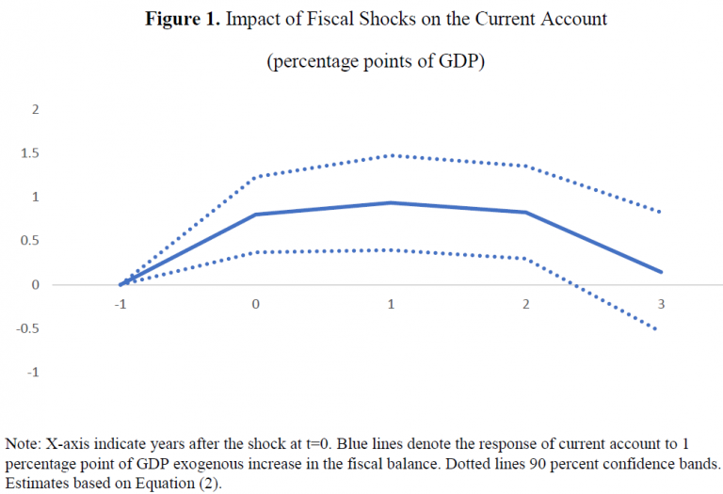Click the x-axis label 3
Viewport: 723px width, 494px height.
click(x=662, y=304)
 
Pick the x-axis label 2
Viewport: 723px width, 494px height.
click(x=526, y=304)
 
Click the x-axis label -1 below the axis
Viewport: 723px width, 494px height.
click(x=120, y=304)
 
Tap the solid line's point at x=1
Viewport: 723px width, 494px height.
click(x=391, y=202)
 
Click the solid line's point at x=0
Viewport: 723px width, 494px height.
click(x=255, y=215)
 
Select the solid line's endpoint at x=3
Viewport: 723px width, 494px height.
click(x=662, y=272)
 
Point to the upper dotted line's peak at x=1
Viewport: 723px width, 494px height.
click(x=391, y=155)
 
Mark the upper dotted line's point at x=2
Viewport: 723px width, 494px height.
click(x=526, y=166)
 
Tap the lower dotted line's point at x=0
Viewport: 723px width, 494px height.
click(x=255, y=252)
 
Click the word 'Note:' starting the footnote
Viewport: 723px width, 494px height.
click(x=23, y=442)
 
